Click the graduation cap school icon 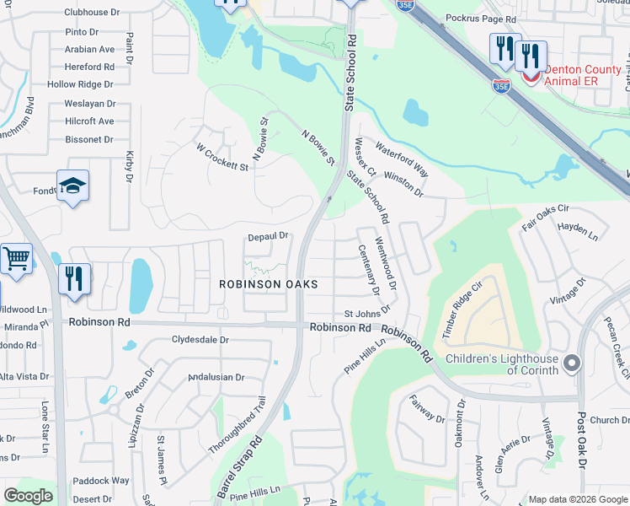coord(73,186)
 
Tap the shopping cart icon coord(16,258)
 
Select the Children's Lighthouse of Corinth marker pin coord(572,363)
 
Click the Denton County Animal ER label coord(585,75)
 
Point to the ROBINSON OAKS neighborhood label coord(269,285)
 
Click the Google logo coord(28,496)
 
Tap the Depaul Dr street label coord(268,237)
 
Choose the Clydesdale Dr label coord(200,340)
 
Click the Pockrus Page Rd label coord(480,18)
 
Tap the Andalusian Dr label coord(216,377)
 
